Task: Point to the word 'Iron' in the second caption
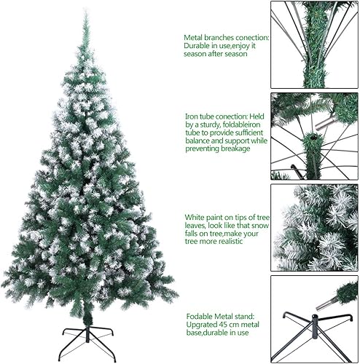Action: tap(192, 114)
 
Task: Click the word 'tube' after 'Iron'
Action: tap(214, 114)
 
